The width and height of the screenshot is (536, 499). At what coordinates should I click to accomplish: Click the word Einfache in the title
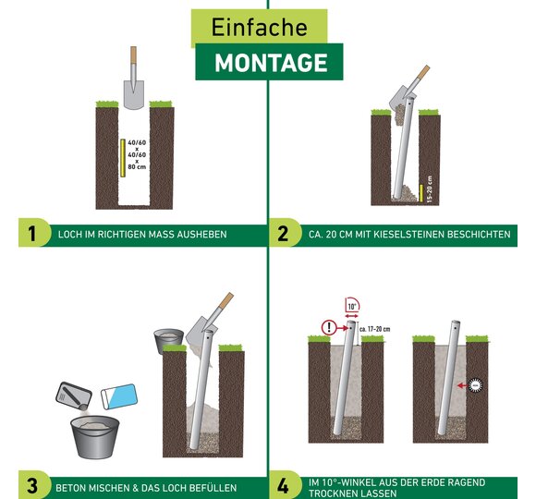[x=259, y=27]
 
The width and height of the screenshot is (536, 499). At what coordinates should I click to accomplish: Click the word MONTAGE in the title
[x=271, y=63]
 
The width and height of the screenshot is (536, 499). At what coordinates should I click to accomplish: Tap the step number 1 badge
[x=32, y=234]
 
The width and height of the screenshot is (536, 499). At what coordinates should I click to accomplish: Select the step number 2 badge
[x=283, y=234]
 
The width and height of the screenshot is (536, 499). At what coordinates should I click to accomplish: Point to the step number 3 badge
[x=32, y=486]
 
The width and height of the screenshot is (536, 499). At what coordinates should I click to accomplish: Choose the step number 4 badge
[x=283, y=486]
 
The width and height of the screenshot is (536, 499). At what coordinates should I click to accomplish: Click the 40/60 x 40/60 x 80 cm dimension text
[x=137, y=154]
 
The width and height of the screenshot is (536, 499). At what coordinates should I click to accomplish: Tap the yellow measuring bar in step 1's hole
[x=123, y=158]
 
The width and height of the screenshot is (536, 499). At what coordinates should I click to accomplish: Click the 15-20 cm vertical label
[x=430, y=189]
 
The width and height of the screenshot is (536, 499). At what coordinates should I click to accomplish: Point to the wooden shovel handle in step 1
[x=133, y=55]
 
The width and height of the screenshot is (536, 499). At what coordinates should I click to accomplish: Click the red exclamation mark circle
[x=329, y=327]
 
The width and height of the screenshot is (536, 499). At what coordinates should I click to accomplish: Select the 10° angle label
[x=352, y=307]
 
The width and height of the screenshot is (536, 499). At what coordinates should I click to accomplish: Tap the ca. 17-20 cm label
[x=374, y=329]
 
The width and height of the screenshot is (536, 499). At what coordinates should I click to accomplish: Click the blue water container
[x=119, y=396]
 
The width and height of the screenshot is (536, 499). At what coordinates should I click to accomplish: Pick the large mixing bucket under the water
[x=94, y=437]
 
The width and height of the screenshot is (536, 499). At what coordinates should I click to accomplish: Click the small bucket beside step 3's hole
[x=168, y=341]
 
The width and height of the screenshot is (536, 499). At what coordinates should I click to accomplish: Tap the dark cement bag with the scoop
[x=74, y=396]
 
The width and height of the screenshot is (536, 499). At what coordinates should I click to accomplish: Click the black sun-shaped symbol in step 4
[x=475, y=386]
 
